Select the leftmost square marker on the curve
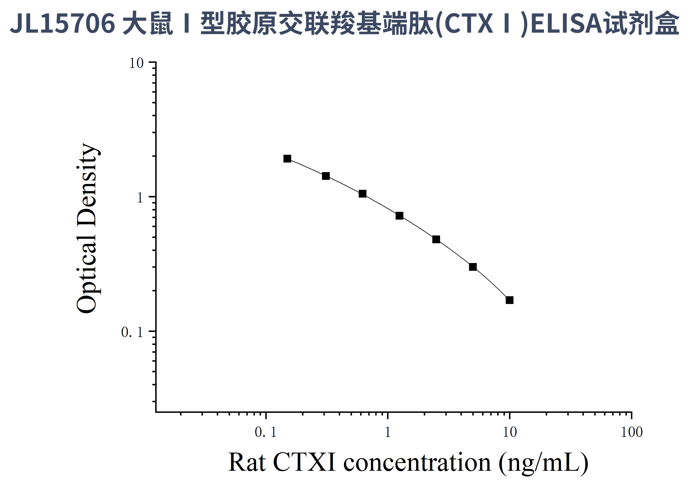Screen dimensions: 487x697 (x=287, y=158)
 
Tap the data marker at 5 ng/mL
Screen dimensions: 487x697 (x=473, y=267)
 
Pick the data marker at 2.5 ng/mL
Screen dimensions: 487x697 (x=436, y=239)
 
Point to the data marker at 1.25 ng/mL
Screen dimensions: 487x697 (x=399, y=216)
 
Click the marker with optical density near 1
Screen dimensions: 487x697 (x=362, y=194)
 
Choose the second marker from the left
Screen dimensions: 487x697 (x=326, y=176)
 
